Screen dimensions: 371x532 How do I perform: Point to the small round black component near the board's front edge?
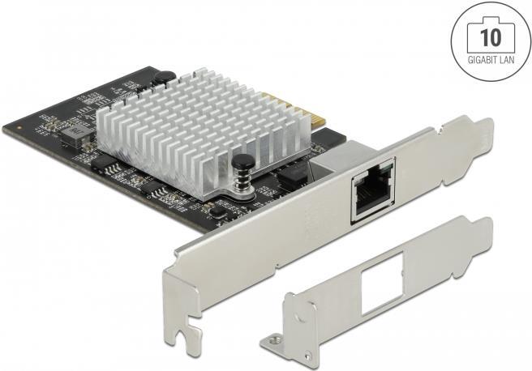click(217, 210)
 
